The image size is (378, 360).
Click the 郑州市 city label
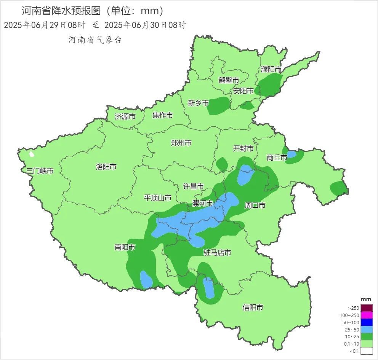click(181, 143)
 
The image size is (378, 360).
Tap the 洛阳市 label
click(106, 167)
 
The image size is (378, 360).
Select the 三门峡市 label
click(40, 171)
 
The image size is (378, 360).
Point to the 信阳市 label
click(253, 307)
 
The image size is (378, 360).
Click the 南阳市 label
click(125, 247)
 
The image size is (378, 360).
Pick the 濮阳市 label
click(271, 69)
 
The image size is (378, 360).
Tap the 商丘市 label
click(277, 157)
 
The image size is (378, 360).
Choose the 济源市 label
click(125, 116)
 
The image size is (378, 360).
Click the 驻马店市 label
click(217, 253)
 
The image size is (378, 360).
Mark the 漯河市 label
click(202, 204)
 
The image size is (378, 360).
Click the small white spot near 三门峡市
click(32, 155)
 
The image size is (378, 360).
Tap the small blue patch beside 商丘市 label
click(292, 155)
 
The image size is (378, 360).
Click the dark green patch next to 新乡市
click(218, 105)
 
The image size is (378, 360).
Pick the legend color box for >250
click(367, 308)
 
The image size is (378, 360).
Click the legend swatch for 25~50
click(367, 330)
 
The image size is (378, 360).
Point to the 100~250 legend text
click(349, 315)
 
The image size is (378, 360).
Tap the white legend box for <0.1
click(367, 351)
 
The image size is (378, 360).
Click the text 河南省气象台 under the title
click(95, 40)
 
